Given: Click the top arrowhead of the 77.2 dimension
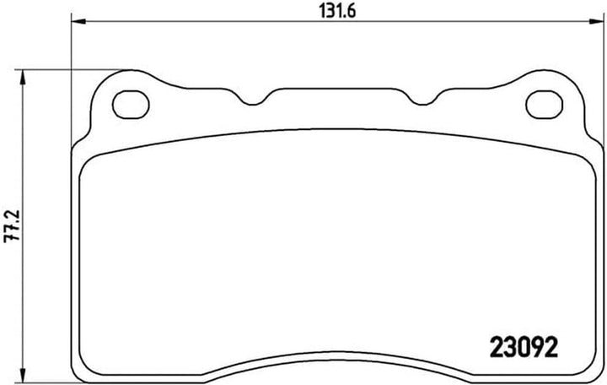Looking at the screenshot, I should (x=24, y=78).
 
